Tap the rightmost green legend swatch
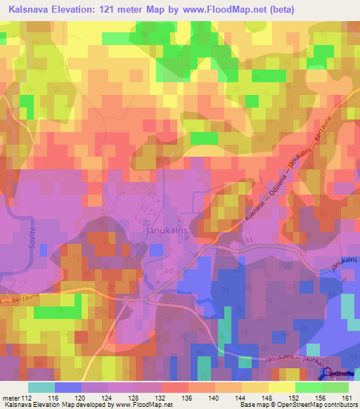(x=335, y=387)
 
